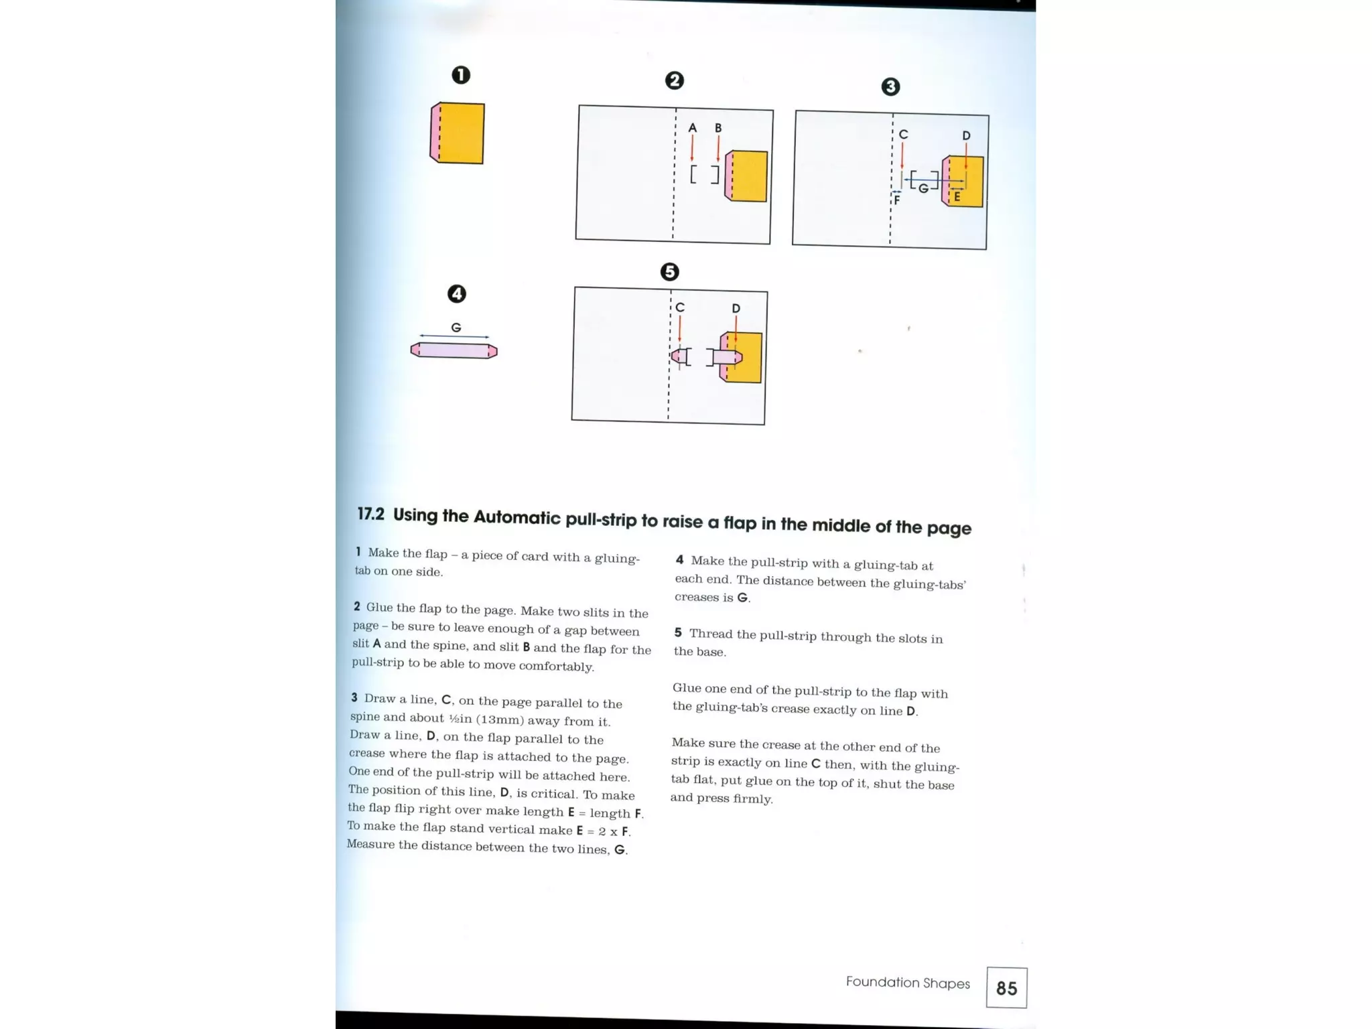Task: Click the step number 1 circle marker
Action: click(461, 74)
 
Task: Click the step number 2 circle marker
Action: click(674, 80)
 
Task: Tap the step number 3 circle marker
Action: click(890, 86)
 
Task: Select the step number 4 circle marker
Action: click(456, 293)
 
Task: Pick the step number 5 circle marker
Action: click(669, 271)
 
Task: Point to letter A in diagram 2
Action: click(693, 127)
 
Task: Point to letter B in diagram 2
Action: click(718, 127)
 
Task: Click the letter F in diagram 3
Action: click(896, 200)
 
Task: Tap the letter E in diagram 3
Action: click(957, 197)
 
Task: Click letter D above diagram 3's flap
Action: click(966, 135)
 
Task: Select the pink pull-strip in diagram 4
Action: click(454, 350)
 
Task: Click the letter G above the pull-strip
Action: click(456, 328)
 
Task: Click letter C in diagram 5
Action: click(680, 307)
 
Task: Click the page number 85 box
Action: click(1006, 987)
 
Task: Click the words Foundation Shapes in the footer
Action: click(908, 982)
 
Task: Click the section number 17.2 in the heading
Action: click(370, 514)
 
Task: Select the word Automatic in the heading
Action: click(517, 517)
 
